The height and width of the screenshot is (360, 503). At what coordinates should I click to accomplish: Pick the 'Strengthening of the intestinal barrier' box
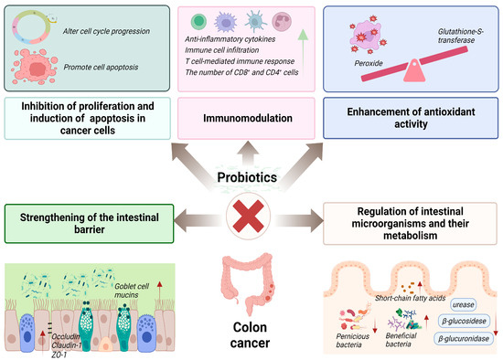click(86, 217)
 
